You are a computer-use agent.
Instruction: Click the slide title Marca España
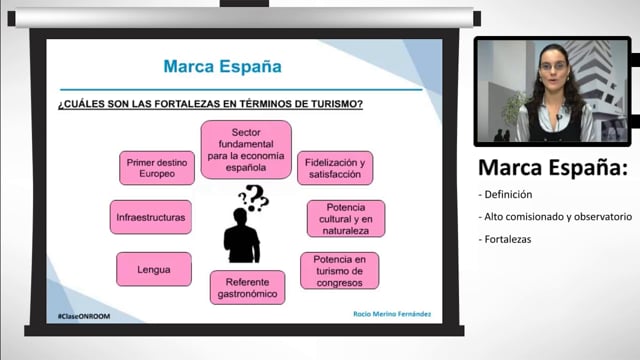pyautogui.click(x=222, y=67)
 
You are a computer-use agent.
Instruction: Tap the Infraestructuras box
pyautogui.click(x=151, y=217)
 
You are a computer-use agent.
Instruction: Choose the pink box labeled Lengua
pyautogui.click(x=154, y=269)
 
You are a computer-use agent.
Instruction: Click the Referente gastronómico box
pyautogui.click(x=247, y=287)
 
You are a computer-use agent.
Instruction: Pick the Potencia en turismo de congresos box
pyautogui.click(x=339, y=270)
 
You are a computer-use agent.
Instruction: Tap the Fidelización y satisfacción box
pyautogui.click(x=334, y=168)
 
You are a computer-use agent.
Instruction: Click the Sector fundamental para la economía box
pyautogui.click(x=246, y=149)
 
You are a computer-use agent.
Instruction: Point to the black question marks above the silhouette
pyautogui.click(x=254, y=197)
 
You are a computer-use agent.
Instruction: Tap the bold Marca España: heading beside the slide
pyautogui.click(x=553, y=167)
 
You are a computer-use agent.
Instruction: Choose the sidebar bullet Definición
pyautogui.click(x=507, y=194)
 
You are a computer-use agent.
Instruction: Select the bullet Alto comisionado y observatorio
pyautogui.click(x=555, y=216)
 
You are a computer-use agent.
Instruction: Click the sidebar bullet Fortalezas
pyautogui.click(x=507, y=238)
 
